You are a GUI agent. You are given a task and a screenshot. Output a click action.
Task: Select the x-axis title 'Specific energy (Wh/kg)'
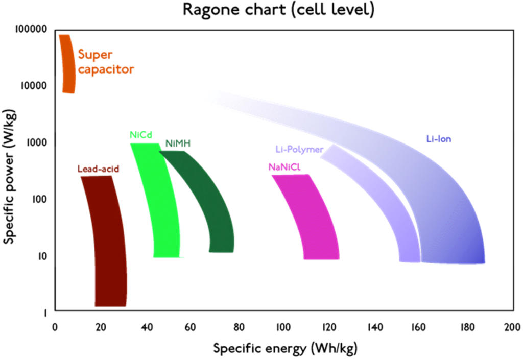point(285,349)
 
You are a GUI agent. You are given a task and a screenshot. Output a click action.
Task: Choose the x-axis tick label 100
point(283,327)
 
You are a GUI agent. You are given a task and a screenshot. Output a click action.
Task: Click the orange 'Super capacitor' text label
point(105,62)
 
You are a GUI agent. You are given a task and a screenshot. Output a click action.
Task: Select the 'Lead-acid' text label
point(98,169)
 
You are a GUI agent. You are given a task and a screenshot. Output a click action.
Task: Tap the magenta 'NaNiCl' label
point(287,167)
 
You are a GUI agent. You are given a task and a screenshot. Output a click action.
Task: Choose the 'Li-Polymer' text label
point(299,150)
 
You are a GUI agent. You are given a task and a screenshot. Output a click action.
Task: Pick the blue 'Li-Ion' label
point(439,138)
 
